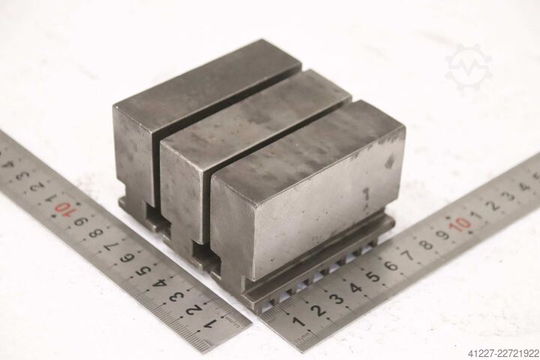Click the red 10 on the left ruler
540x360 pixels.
pyautogui.click(x=65, y=208)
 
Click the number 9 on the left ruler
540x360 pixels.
pyautogui.click(x=82, y=220)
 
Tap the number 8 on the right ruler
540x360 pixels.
pyautogui.click(x=426, y=245)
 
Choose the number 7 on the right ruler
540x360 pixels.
pyautogui.click(x=409, y=255)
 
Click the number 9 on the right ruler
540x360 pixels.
pyautogui.click(x=444, y=235)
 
